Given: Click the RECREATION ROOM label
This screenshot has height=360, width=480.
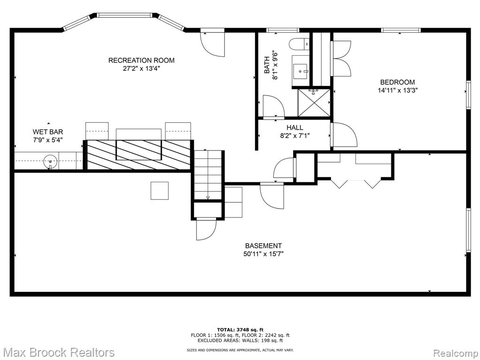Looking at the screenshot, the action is coord(142,60).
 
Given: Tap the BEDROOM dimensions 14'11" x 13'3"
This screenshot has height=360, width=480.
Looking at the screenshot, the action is coord(397,90).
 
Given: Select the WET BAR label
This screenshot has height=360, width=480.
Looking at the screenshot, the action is coord(48,132).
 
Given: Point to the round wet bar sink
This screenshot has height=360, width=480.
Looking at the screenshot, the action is coord(50,161).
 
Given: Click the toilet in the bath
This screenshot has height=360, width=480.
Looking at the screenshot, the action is coord(300,44).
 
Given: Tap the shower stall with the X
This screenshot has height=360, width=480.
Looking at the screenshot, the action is coord(314,103).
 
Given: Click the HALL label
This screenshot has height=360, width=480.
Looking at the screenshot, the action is coord(295,127).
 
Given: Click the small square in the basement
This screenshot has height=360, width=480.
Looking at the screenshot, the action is coord(159,191).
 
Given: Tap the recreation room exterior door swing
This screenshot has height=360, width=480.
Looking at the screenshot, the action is coord(212,44).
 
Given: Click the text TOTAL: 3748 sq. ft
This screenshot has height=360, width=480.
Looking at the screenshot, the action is coord(240,330).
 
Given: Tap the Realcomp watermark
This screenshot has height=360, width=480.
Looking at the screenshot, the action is coord(455,352).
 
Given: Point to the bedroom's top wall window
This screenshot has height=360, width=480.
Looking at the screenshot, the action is coord(401,30).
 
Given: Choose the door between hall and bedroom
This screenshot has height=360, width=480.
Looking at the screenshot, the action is coord(344,135).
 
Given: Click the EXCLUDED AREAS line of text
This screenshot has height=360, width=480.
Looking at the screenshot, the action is coord(240,340).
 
